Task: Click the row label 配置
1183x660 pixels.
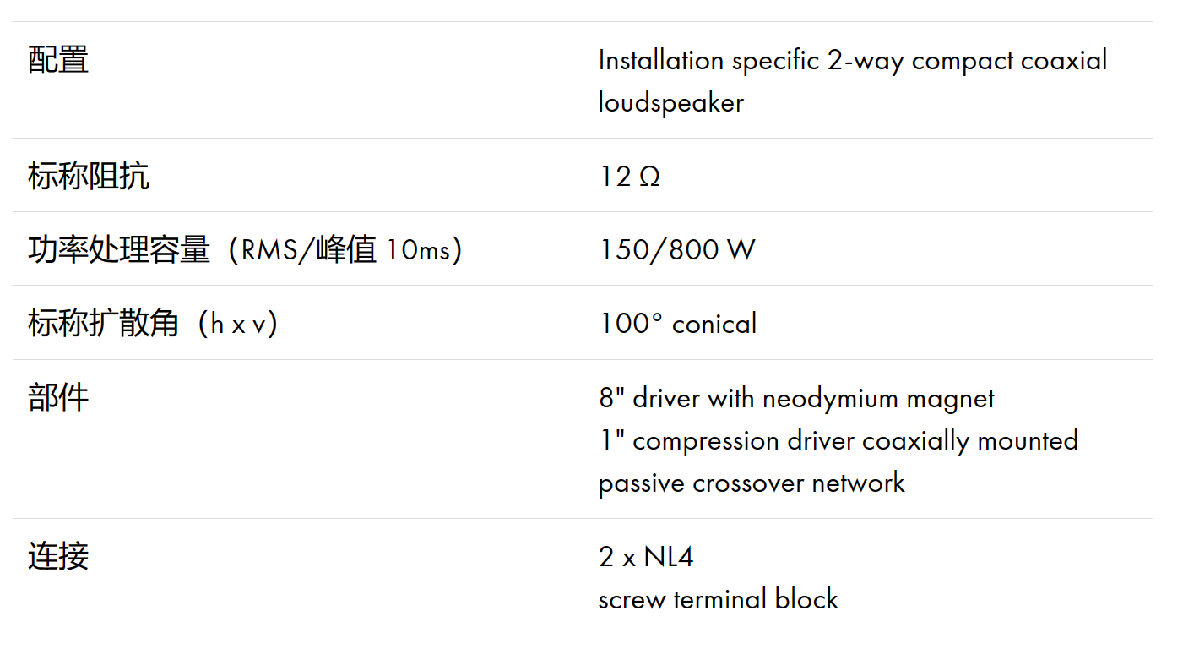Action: pos(58,60)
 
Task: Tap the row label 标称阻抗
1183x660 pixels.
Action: pos(89,176)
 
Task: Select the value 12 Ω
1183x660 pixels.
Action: pos(630,177)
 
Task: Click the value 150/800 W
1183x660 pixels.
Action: pos(678,250)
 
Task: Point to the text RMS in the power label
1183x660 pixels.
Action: pos(269,250)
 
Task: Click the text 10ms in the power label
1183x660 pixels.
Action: pos(418,250)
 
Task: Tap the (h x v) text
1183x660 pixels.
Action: pos(237,324)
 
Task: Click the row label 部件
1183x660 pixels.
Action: pos(58,397)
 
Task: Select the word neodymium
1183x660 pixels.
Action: pos(830,398)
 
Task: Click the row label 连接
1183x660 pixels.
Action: pos(58,556)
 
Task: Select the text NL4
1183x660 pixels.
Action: pos(669,557)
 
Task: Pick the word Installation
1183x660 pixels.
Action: pos(661,60)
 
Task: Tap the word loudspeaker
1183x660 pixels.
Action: pos(671,102)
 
